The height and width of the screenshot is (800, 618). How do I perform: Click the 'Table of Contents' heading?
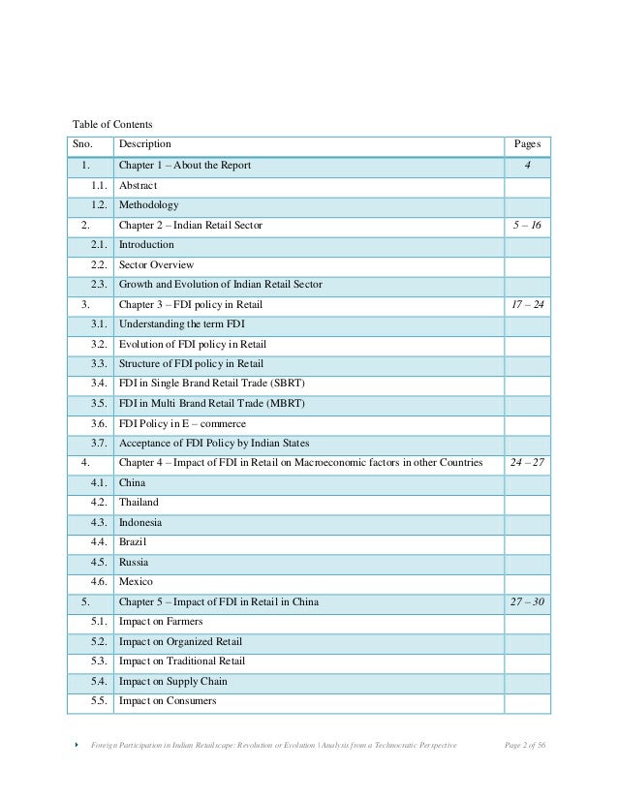113,124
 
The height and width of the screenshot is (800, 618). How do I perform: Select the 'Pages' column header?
527,145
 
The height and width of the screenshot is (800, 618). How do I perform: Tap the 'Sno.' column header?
84,145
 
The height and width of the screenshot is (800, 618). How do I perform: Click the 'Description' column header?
145,145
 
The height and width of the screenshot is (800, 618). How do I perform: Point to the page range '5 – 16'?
527,225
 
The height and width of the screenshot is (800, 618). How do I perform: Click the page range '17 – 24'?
527,304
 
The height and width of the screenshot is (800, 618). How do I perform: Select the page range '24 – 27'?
527,463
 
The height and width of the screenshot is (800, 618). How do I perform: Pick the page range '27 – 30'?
527,601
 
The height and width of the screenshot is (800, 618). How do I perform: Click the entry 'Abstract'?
138,185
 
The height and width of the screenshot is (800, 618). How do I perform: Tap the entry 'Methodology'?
148,205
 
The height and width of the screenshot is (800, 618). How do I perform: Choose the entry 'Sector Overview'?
156,264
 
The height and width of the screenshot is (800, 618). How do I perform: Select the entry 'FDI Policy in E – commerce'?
182,423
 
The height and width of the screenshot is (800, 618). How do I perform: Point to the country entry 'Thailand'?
139,503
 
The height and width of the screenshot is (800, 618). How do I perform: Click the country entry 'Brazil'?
134,542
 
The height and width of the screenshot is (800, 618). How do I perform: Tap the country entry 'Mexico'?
136,582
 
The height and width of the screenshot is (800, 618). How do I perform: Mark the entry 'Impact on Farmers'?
162,622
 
